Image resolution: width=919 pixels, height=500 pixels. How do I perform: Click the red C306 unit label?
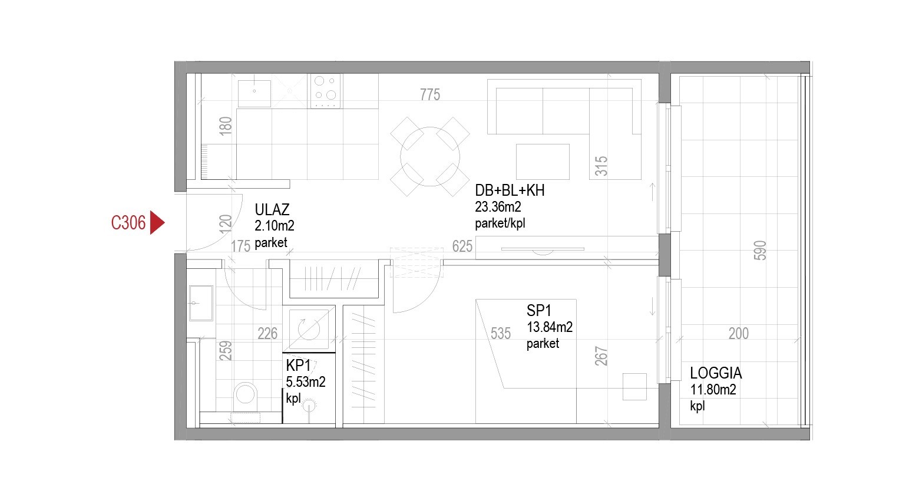tap(128, 223)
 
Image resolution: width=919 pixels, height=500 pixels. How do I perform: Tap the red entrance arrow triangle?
tap(156, 222)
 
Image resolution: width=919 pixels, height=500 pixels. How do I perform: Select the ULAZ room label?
tap(272, 210)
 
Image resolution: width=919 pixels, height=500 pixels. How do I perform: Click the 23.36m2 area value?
tap(498, 207)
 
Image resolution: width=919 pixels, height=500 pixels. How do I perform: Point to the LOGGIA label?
tap(716, 373)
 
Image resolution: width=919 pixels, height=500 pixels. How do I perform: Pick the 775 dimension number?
tap(430, 95)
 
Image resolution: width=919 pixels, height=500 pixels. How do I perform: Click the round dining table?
tap(430, 156)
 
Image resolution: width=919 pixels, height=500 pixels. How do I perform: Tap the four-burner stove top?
tap(325, 91)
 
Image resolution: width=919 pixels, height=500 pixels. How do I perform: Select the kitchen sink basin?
tap(254, 93)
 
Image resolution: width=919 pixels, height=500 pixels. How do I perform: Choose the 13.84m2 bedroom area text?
tap(550, 327)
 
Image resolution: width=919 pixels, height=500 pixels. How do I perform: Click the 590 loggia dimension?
tap(760, 251)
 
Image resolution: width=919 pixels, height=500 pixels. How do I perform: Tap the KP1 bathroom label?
tap(298, 365)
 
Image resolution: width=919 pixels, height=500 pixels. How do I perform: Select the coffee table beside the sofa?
tap(543, 162)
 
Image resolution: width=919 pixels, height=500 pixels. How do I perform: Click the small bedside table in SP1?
tap(634, 387)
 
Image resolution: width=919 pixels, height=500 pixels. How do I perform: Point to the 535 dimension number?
tap(501, 333)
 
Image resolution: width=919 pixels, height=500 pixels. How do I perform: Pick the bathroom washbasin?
tap(201, 303)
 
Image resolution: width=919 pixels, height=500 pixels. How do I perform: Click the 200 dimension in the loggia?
tap(739, 333)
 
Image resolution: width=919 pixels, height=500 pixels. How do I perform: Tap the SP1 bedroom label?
tap(538, 311)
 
